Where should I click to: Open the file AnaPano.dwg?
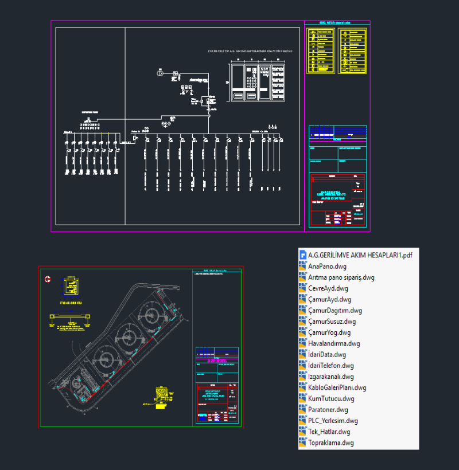pyautogui.click(x=327, y=267)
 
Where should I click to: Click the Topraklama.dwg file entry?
pyautogui.click(x=330, y=443)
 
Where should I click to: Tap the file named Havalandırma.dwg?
pyautogui.click(x=334, y=344)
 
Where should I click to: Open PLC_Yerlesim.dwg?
pyautogui.click(x=333, y=421)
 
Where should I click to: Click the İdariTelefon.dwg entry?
pyautogui.click(x=331, y=366)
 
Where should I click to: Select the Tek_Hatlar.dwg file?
pyautogui.click(x=329, y=432)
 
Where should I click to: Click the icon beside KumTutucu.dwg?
pyautogui.click(x=304, y=399)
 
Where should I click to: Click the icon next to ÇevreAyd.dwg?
pyautogui.click(x=304, y=289)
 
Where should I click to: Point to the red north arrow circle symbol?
pyautogui.click(x=49, y=280)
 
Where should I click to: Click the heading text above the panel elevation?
pyautogui.click(x=250, y=52)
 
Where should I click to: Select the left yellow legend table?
pyautogui.click(x=321, y=50)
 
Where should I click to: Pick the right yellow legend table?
pyautogui.click(x=352, y=50)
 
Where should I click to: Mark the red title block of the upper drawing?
pyautogui.click(x=337, y=200)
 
